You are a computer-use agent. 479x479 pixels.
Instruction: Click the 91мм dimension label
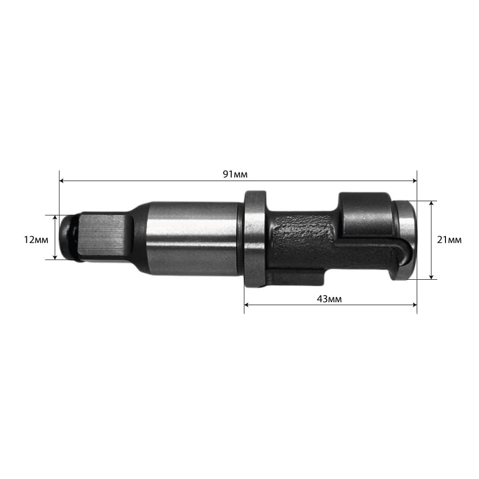point(235,174)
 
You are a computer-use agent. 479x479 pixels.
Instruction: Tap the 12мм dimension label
point(36,240)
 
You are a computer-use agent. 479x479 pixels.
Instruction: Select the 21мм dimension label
point(449,240)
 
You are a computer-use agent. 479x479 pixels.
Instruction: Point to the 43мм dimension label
point(329,299)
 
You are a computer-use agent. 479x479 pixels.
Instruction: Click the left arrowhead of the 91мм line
point(61,181)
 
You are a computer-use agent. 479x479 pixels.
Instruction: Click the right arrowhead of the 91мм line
point(414,181)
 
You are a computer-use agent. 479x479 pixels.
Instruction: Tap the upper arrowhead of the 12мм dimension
point(55,217)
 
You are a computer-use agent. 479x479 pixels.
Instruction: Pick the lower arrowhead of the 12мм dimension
point(55,257)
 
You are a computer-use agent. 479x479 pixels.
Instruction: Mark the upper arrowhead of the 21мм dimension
point(432,204)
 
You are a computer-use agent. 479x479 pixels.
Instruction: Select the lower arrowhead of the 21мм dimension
point(432,277)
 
